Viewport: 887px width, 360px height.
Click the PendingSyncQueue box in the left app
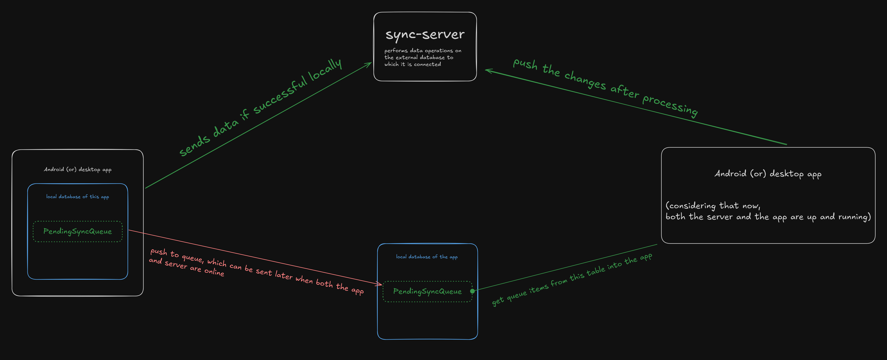tap(77, 232)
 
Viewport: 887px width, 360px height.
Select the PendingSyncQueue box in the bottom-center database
tap(427, 291)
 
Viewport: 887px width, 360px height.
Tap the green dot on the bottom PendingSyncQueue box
tap(472, 291)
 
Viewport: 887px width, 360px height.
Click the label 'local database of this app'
tap(77, 197)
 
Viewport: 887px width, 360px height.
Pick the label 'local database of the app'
tap(427, 257)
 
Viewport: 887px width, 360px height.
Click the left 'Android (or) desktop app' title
tap(77, 169)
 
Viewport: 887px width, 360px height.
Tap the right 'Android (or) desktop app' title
tap(768, 174)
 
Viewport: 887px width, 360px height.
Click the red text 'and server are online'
tap(186, 267)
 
